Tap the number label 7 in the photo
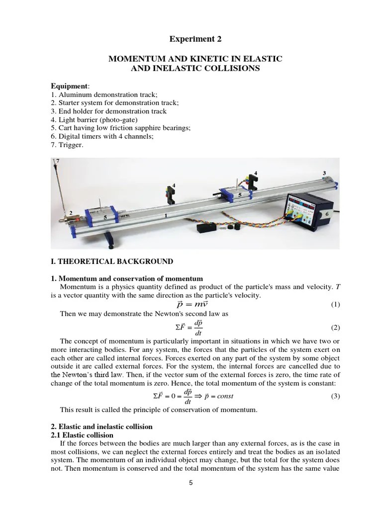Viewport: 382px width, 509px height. point(57,161)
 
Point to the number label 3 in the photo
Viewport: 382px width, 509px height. point(324,173)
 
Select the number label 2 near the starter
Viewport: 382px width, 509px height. point(71,213)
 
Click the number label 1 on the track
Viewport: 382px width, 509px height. point(166,216)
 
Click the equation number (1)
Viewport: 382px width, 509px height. point(335,304)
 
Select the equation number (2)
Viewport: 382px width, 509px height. point(335,328)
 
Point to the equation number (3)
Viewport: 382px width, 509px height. point(335,396)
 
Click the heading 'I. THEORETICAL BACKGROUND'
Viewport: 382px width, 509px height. point(112,261)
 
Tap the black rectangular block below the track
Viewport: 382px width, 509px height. point(206,228)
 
